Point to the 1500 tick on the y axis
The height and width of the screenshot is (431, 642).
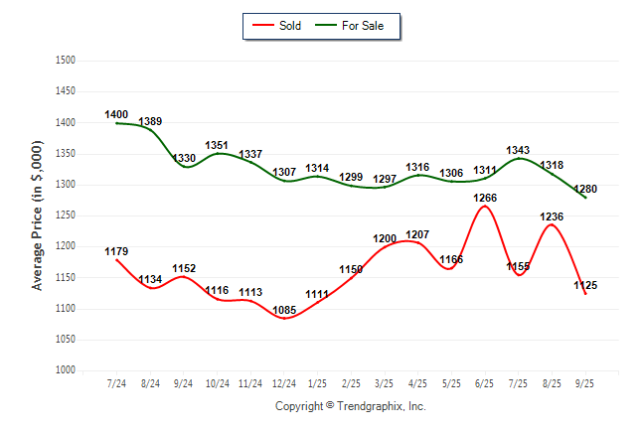pyautogui.click(x=65, y=61)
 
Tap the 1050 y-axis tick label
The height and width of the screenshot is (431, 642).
pyautogui.click(x=65, y=340)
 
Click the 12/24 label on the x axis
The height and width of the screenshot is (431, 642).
pyautogui.click(x=283, y=383)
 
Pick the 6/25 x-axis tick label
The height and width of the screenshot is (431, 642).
pyautogui.click(x=485, y=383)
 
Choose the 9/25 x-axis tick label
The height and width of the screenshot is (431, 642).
pyautogui.click(x=585, y=383)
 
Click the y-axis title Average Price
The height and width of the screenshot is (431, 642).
pyautogui.click(x=38, y=215)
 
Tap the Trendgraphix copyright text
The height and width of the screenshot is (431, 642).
pyautogui.click(x=350, y=406)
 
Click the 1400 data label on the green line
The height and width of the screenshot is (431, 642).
pyautogui.click(x=116, y=115)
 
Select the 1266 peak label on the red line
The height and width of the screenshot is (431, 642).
pyautogui.click(x=485, y=198)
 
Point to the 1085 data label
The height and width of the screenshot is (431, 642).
pyautogui.click(x=283, y=310)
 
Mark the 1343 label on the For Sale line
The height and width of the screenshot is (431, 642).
pyautogui.click(x=518, y=151)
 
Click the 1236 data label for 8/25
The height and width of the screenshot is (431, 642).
pyautogui.click(x=552, y=216)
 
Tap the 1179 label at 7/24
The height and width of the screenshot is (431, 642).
pyautogui.click(x=116, y=251)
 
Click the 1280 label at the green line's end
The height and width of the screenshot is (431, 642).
pyautogui.click(x=585, y=189)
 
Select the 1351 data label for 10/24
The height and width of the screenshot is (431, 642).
pyautogui.click(x=217, y=145)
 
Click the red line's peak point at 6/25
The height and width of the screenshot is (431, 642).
pyautogui.click(x=485, y=206)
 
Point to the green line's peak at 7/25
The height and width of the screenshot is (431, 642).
pyautogui.click(x=519, y=159)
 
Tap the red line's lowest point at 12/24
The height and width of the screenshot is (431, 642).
pyautogui.click(x=283, y=318)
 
